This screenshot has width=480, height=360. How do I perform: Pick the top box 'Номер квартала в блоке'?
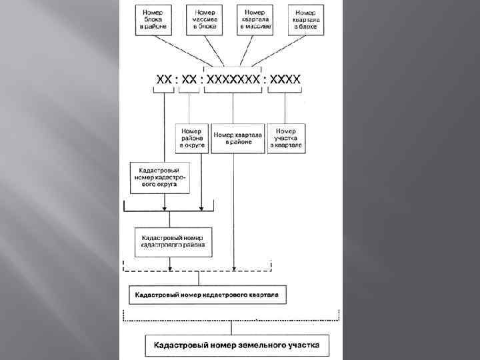[x=305, y=20]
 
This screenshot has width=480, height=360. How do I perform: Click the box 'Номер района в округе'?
[x=191, y=138]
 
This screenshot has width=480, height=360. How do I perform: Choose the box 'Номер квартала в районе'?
[x=238, y=138]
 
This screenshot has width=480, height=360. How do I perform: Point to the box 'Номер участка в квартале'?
[x=287, y=138]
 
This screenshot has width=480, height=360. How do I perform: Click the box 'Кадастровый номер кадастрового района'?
[x=173, y=241]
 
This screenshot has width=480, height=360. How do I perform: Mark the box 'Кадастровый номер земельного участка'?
[x=237, y=345]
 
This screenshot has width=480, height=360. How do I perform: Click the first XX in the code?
[x=163, y=80]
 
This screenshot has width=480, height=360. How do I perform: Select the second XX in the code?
[x=189, y=80]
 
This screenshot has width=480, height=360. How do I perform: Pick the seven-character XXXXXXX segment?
[x=233, y=80]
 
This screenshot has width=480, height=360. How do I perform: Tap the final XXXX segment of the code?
[x=285, y=80]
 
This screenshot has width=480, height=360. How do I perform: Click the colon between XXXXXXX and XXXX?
[x=265, y=80]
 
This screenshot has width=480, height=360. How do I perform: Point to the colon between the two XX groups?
[x=177, y=80]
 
